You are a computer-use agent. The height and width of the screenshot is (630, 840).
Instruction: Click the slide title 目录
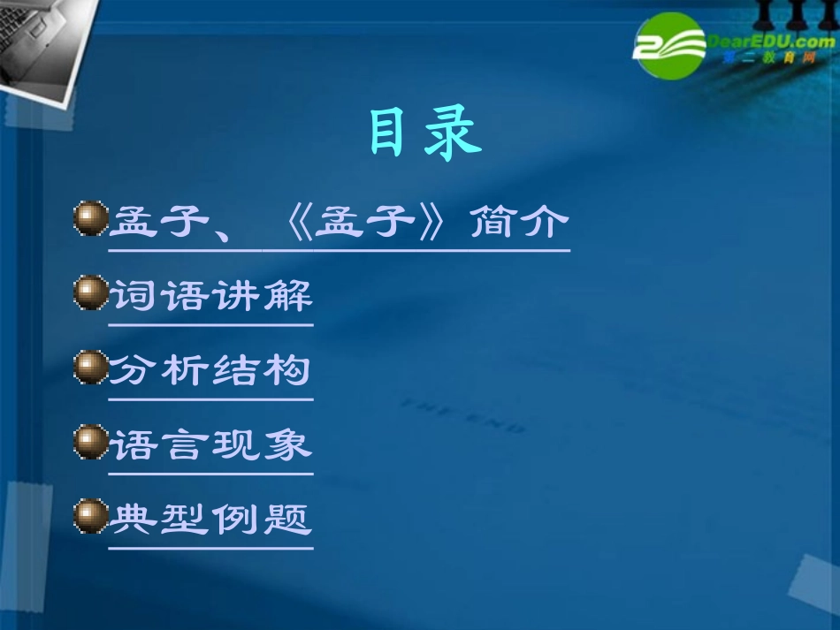click(424, 134)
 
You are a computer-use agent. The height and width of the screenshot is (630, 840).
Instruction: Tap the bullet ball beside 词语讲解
click(90, 293)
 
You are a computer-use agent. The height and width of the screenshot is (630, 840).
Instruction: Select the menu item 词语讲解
click(210, 295)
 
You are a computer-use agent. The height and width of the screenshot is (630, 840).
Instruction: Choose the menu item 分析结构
click(210, 369)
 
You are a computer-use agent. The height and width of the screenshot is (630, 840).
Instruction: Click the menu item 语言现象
click(210, 444)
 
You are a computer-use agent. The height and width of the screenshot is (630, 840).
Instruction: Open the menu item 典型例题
click(210, 518)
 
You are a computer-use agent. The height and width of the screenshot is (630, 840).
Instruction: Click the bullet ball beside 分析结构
click(90, 368)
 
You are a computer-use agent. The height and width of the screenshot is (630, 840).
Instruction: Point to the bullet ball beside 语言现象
click(90, 442)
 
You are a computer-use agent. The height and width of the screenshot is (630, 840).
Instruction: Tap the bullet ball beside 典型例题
click(90, 516)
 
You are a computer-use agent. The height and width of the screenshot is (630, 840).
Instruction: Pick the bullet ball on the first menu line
click(90, 219)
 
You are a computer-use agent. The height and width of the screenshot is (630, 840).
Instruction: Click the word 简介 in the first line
click(518, 222)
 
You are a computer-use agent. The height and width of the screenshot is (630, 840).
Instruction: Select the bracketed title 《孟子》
click(364, 222)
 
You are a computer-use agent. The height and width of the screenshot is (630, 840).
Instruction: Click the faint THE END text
click(463, 416)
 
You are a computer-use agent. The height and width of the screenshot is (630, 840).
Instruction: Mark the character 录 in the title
click(453, 134)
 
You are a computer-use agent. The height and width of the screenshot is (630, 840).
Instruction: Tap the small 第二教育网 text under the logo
click(762, 58)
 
